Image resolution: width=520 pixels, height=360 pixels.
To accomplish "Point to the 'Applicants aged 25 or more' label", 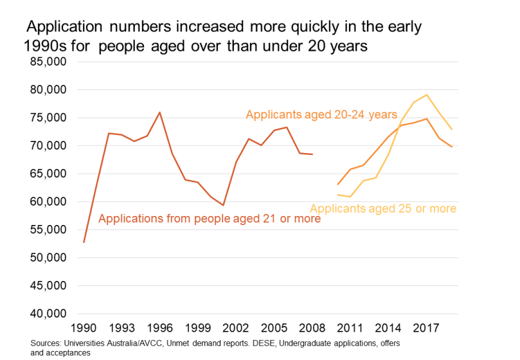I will (383, 208).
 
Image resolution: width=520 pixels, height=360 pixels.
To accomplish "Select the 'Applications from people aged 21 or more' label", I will (209, 219).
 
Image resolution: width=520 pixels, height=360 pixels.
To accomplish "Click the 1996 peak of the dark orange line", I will (159, 113).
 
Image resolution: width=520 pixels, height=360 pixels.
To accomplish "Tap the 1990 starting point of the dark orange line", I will (84, 242).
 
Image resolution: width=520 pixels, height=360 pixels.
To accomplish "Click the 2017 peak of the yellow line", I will (426, 95).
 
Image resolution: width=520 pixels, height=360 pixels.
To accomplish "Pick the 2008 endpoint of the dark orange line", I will (312, 154).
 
